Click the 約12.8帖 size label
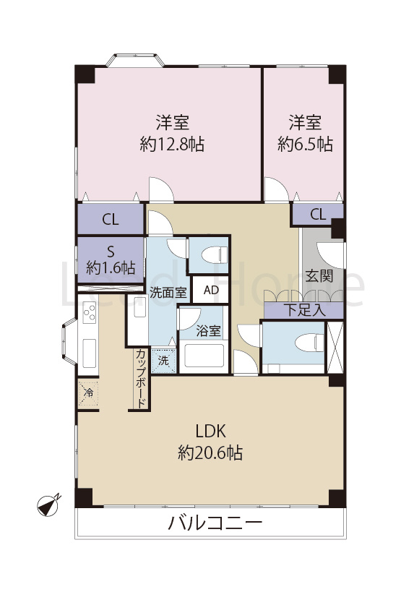point(172,145)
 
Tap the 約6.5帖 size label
point(305,145)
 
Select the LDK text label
point(210,431)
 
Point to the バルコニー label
point(215,523)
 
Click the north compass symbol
point(49,505)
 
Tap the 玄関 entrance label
point(319,275)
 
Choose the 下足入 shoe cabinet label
point(304,310)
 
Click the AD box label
point(211,290)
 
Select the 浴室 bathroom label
point(208,331)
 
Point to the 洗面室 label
point(168,292)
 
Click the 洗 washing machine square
point(163,361)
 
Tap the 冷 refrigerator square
point(89,393)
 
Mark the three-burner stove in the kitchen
point(90,312)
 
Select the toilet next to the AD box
point(215,254)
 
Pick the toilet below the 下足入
point(309,343)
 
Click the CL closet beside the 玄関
point(318,215)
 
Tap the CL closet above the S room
point(111,219)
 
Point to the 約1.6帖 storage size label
point(111,267)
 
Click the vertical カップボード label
point(141,378)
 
